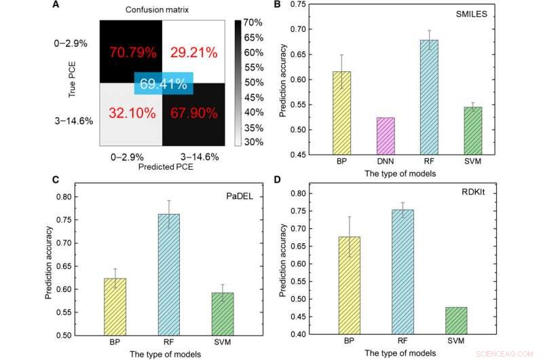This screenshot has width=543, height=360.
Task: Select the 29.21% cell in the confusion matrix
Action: point(194,51)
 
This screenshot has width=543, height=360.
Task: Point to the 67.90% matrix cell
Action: point(193,113)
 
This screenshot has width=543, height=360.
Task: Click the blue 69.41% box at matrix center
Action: point(164,84)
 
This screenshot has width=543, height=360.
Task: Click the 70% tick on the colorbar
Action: point(253,22)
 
